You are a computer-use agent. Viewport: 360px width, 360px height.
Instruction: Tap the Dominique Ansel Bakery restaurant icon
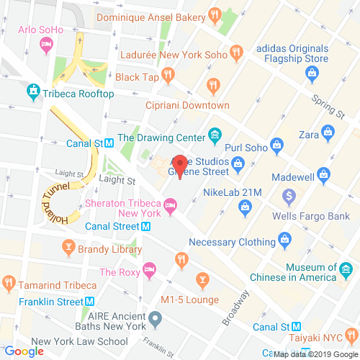[214, 15]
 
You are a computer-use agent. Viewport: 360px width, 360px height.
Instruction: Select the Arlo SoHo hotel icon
[46, 45]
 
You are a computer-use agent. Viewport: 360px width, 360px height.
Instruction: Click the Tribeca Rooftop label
[78, 94]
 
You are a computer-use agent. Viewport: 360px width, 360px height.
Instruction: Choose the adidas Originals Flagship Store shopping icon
[312, 71]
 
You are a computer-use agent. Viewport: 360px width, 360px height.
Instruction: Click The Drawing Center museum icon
[214, 135]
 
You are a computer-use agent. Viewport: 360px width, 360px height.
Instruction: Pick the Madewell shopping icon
[323, 175]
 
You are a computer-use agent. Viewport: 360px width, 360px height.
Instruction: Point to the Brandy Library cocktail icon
[68, 249]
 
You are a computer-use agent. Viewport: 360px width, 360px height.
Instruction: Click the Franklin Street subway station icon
[91, 302]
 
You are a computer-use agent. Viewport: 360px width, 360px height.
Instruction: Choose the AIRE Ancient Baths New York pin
[154, 316]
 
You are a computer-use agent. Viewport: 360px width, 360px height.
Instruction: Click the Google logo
[24, 351]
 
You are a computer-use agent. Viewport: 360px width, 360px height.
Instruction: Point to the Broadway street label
[235, 307]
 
